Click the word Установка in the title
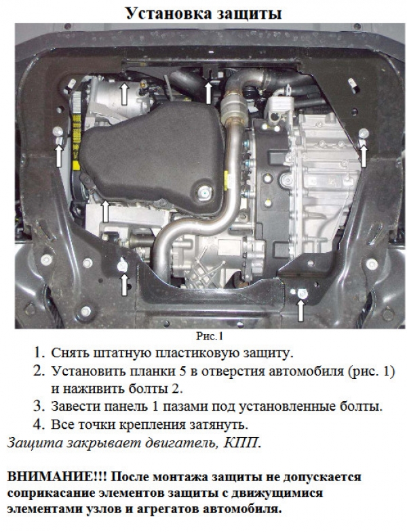pyautogui.click(x=168, y=14)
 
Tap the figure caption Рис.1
pyautogui.click(x=210, y=336)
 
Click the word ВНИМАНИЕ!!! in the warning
pyautogui.click(x=57, y=476)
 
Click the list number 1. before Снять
pyautogui.click(x=39, y=353)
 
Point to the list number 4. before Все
pyautogui.click(x=39, y=424)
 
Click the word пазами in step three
pyautogui.click(x=185, y=407)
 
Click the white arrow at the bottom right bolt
pyautogui.click(x=301, y=311)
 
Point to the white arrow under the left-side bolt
pyautogui.click(x=59, y=156)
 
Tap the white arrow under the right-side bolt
pyautogui.click(x=364, y=156)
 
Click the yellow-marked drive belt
pyautogui.click(x=76, y=142)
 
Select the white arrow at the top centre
pyautogui.click(x=209, y=93)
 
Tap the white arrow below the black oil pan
pyautogui.click(x=105, y=211)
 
